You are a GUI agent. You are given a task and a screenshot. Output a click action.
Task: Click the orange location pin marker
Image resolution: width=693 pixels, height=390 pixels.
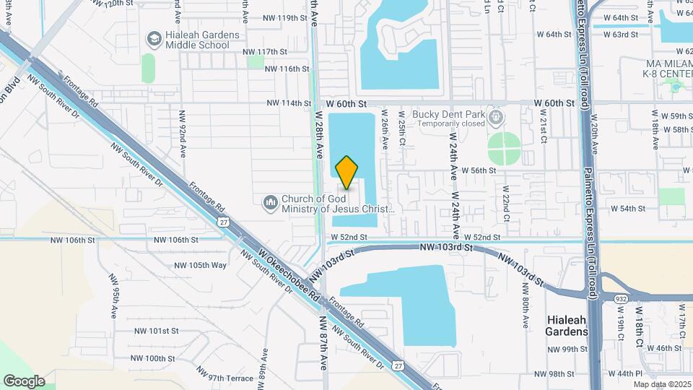[x=346, y=172]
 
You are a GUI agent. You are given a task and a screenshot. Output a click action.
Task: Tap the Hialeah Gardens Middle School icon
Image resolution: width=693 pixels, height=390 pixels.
[x=154, y=37]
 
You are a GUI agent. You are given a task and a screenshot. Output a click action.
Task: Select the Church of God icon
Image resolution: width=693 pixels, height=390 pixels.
[x=271, y=203]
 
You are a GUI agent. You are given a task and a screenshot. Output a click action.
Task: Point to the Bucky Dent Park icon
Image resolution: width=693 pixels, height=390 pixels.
[x=495, y=116]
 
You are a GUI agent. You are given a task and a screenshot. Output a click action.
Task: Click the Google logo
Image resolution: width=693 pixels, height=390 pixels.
[x=23, y=381]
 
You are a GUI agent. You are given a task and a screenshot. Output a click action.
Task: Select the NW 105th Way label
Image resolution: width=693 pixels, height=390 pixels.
[x=201, y=265]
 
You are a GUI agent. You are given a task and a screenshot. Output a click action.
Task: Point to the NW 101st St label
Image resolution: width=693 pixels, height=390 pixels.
[x=156, y=331]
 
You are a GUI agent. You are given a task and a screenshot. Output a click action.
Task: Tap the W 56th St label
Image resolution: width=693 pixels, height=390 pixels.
[x=475, y=170]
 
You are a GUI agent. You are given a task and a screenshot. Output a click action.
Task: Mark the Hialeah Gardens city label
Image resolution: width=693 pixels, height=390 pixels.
[x=567, y=326]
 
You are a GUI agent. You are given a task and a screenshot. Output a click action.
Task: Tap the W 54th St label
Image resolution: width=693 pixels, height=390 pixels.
[x=627, y=208]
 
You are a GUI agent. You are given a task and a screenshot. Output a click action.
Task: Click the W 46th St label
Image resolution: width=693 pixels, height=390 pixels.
[x=665, y=348]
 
